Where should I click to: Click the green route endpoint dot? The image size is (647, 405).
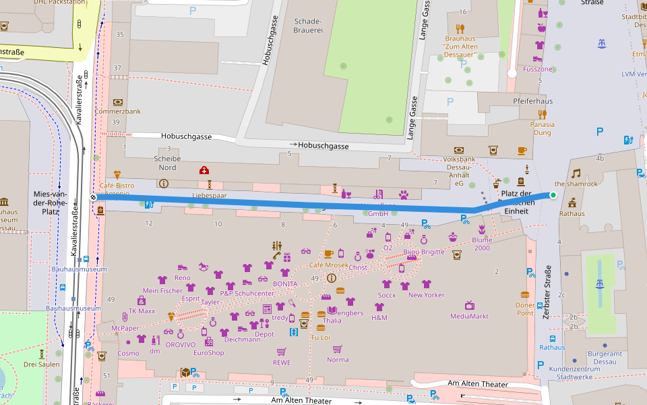[x=553, y=195]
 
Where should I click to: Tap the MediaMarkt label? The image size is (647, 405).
[x=469, y=316]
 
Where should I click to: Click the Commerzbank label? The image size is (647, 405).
[x=117, y=111]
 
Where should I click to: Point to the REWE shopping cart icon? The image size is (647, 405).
[x=282, y=352]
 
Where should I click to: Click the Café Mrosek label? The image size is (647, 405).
[x=329, y=265]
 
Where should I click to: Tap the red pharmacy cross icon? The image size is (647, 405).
[x=204, y=170]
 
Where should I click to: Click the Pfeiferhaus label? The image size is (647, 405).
[x=532, y=101]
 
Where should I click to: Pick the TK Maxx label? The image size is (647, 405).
[x=142, y=311]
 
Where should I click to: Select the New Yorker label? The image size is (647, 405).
[x=425, y=295]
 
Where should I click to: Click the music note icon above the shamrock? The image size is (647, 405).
[x=576, y=173]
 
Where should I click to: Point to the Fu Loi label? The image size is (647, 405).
[x=320, y=337]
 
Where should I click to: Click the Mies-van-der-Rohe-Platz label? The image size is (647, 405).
[x=51, y=202]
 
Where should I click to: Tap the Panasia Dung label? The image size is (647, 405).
[x=543, y=128]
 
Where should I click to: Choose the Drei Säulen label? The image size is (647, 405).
[x=42, y=364]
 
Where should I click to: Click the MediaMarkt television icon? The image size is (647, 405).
[x=470, y=306]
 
